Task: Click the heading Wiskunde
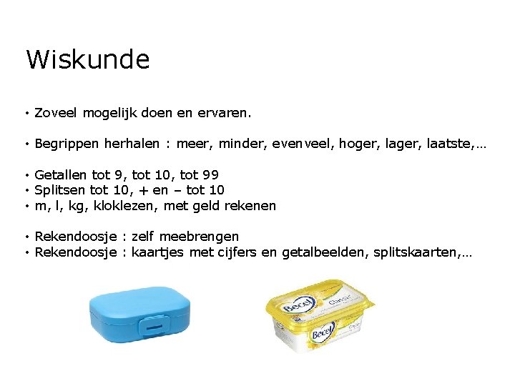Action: point(87,59)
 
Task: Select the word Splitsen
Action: point(60,190)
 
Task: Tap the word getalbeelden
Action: point(326,252)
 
